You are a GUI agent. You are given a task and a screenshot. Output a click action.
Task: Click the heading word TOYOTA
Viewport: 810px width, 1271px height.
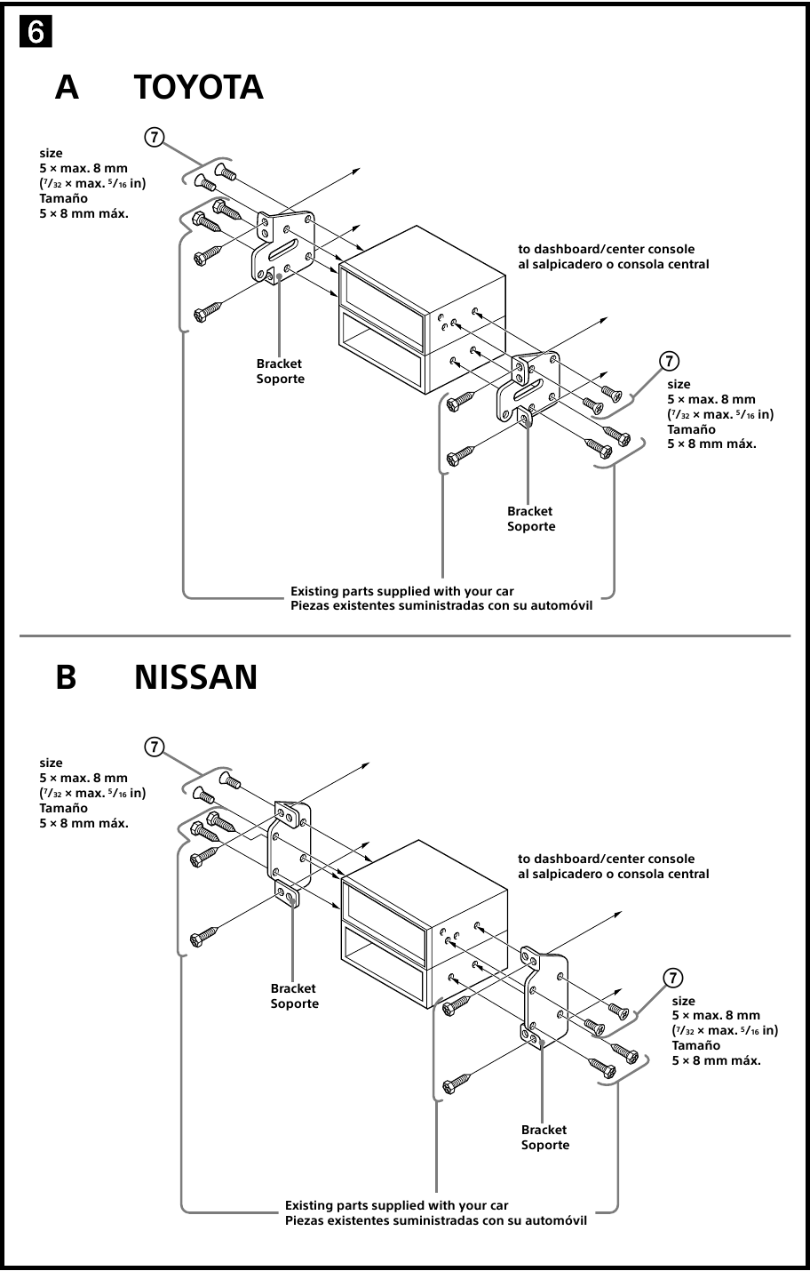(199, 88)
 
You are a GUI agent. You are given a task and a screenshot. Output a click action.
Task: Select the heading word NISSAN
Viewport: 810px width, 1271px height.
(195, 677)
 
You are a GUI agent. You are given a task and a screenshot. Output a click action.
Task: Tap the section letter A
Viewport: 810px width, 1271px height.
(67, 88)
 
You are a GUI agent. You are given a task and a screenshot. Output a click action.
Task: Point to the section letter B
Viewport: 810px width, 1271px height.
(67, 677)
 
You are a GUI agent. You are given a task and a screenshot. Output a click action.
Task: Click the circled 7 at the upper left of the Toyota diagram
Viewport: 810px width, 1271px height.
(154, 137)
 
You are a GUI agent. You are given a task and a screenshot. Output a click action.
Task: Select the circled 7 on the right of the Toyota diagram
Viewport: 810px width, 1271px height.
(669, 360)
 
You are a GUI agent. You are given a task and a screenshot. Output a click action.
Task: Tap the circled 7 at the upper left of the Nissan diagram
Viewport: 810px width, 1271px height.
(154, 747)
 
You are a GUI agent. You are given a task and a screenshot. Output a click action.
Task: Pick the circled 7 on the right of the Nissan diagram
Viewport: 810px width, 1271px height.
(673, 978)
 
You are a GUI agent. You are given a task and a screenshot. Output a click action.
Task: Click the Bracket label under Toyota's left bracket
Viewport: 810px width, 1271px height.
(279, 364)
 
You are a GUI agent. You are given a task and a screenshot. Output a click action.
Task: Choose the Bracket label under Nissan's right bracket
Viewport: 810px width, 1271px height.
(544, 1130)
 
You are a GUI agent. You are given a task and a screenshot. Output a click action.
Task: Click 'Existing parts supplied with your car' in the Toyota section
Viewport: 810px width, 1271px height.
(401, 591)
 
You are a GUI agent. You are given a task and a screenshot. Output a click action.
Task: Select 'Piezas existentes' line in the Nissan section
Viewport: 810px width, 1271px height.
(435, 1220)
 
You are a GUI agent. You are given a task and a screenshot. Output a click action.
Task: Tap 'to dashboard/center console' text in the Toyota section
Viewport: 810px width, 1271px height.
(607, 249)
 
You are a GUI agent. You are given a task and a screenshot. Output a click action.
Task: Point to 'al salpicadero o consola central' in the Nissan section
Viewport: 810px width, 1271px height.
(614, 874)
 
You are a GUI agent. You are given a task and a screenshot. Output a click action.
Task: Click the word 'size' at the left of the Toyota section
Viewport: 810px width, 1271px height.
(52, 153)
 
